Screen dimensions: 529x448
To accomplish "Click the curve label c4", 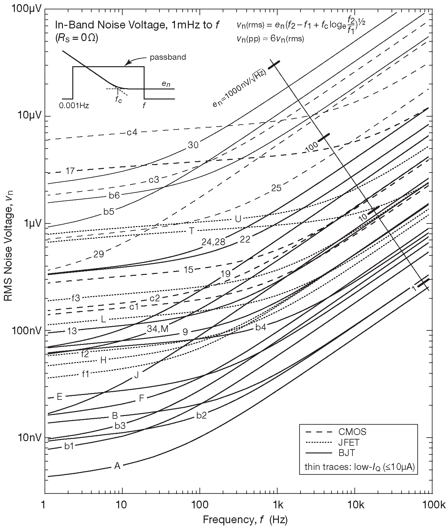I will click(x=132, y=132).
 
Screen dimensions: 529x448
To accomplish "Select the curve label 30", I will click(x=193, y=145).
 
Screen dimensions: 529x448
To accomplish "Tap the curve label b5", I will click(x=109, y=212).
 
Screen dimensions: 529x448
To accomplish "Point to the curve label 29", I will click(x=98, y=254).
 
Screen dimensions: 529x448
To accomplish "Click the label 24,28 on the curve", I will click(x=213, y=242).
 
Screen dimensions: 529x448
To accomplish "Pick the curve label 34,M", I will click(x=158, y=329).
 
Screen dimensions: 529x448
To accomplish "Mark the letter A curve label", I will click(x=117, y=466).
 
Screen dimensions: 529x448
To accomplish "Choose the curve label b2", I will click(x=201, y=416).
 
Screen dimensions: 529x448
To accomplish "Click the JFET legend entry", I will click(x=349, y=442).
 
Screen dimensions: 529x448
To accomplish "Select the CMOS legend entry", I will click(x=352, y=431).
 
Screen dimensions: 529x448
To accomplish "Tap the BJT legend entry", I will click(x=347, y=453).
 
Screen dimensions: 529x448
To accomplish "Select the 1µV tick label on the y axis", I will click(x=32, y=223).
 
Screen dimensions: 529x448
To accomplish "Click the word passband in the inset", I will click(x=168, y=57).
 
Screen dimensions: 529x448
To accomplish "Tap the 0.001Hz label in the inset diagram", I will click(x=74, y=106).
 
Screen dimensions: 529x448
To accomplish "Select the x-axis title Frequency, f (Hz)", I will click(x=245, y=520).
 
